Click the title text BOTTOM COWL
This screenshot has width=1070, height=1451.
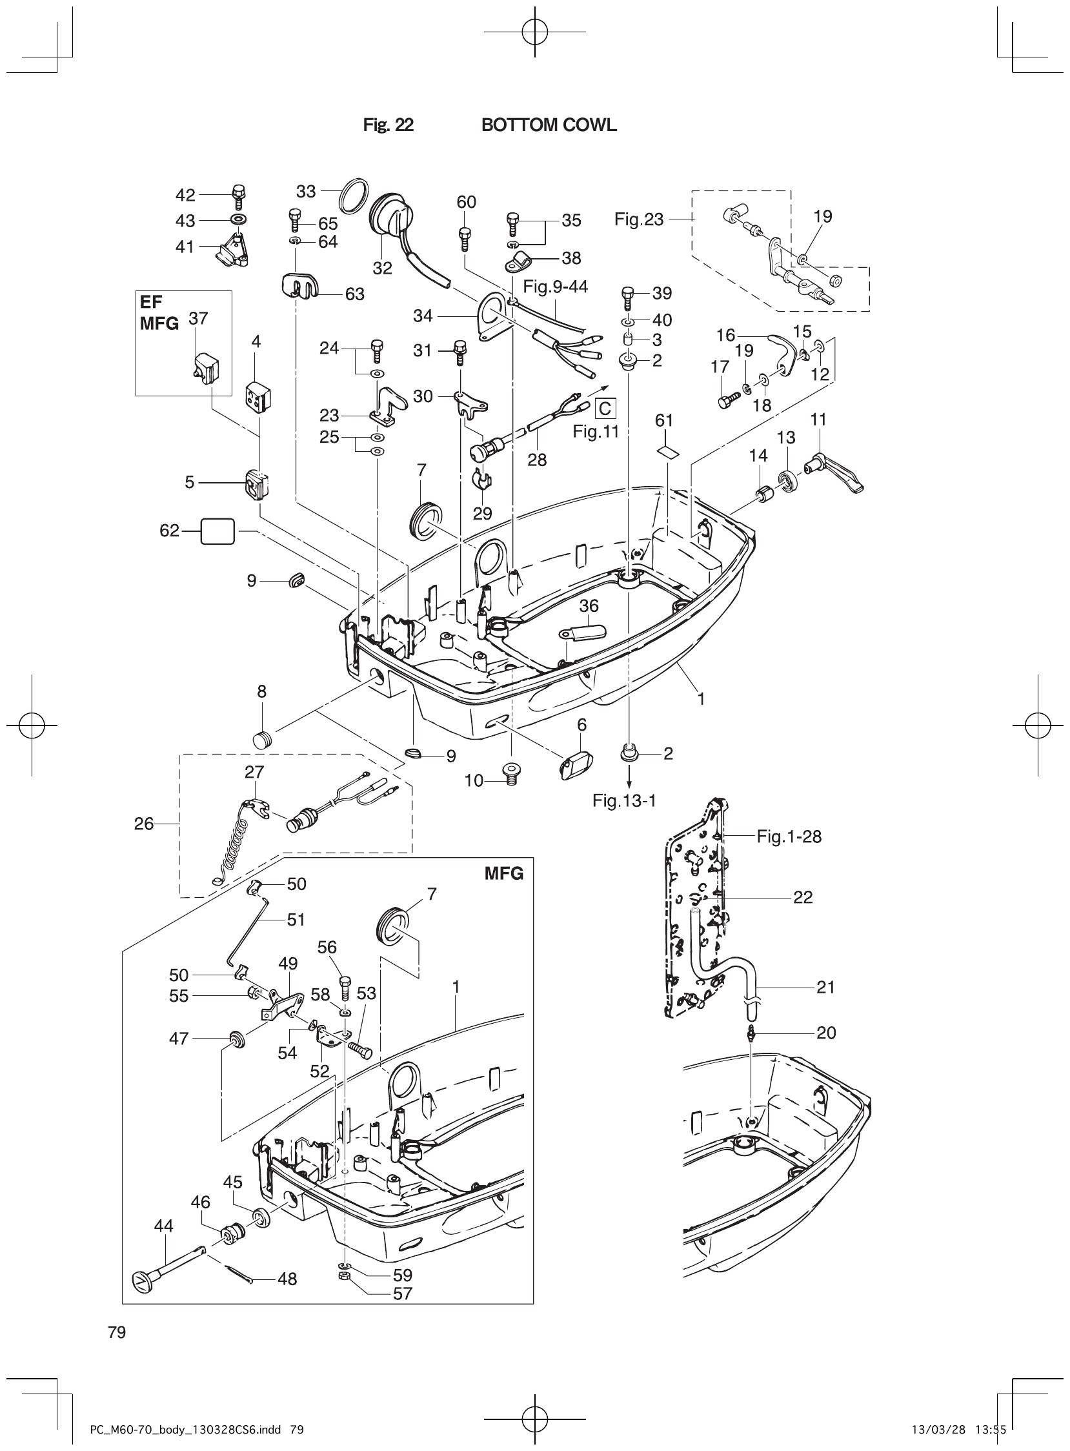[x=549, y=125]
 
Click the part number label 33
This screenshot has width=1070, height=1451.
[x=306, y=191]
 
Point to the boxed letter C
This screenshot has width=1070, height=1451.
[x=605, y=409]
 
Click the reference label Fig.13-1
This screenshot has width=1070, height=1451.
[x=625, y=800]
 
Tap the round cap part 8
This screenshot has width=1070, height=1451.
[x=262, y=739]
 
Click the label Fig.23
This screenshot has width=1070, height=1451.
[x=639, y=219]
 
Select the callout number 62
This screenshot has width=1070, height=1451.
[x=169, y=531]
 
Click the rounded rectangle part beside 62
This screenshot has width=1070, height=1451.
[x=217, y=531]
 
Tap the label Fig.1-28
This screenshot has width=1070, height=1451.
[x=789, y=837]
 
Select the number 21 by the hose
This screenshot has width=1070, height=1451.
[x=825, y=987]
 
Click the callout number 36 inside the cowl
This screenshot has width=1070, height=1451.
[x=589, y=605]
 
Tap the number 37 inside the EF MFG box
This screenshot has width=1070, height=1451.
[x=198, y=318]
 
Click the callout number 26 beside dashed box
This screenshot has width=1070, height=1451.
[x=144, y=824]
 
